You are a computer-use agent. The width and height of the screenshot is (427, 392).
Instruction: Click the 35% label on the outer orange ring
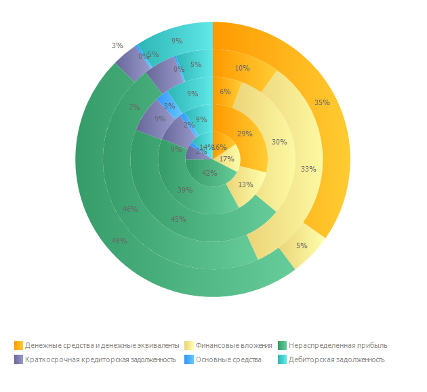[x=322, y=103]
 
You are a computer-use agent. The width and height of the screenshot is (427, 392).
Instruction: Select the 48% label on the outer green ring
[x=119, y=241]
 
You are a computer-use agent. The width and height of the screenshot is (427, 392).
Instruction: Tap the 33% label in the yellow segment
[x=308, y=169]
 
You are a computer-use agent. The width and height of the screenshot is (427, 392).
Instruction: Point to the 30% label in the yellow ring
[x=279, y=142]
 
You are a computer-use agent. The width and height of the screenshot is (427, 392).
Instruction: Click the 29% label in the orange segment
[x=245, y=134]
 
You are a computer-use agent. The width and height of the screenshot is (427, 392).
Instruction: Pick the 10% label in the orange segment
[x=242, y=68]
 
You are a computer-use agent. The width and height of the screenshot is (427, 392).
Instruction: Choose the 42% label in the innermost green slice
[x=209, y=173]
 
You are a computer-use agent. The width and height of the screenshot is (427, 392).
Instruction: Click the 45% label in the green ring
[x=179, y=219]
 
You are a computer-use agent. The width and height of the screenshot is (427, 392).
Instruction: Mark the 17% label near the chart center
[x=226, y=159]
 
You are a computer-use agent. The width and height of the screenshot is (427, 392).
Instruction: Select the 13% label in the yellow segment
[x=245, y=184]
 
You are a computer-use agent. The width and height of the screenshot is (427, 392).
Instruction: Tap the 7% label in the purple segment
[x=134, y=107]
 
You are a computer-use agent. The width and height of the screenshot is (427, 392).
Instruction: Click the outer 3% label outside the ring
[x=117, y=45]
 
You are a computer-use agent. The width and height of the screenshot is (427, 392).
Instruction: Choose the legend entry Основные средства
[x=228, y=359]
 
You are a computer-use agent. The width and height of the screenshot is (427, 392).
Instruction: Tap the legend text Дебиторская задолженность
[x=336, y=359]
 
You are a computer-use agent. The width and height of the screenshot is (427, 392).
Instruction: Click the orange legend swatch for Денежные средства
[x=18, y=345]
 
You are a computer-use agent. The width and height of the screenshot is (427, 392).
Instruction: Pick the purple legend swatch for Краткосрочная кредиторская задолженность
[x=18, y=359]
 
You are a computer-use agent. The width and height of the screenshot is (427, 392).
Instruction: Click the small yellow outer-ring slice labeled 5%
[x=301, y=246]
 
